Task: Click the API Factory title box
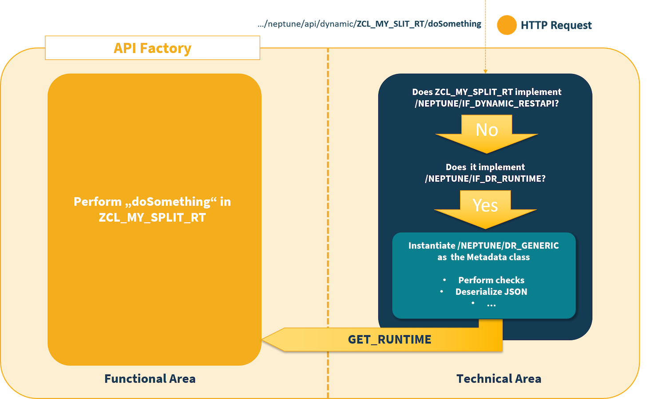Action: click(152, 48)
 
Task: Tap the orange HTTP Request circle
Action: click(507, 25)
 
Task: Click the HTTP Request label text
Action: click(556, 25)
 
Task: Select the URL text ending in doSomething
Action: click(369, 24)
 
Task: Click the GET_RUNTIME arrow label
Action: click(389, 340)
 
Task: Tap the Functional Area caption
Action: click(150, 379)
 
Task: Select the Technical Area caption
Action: click(499, 379)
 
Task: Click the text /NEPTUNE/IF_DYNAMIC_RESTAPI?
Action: click(487, 104)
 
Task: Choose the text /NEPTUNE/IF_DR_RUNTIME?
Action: click(485, 179)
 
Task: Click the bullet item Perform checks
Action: click(491, 280)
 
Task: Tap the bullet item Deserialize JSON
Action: click(491, 292)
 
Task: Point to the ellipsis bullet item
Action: click(491, 304)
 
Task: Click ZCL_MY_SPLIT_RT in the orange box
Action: click(152, 218)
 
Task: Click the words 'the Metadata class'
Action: click(490, 257)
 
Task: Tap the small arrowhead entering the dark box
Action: click(485, 71)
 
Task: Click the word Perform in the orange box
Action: click(97, 202)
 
